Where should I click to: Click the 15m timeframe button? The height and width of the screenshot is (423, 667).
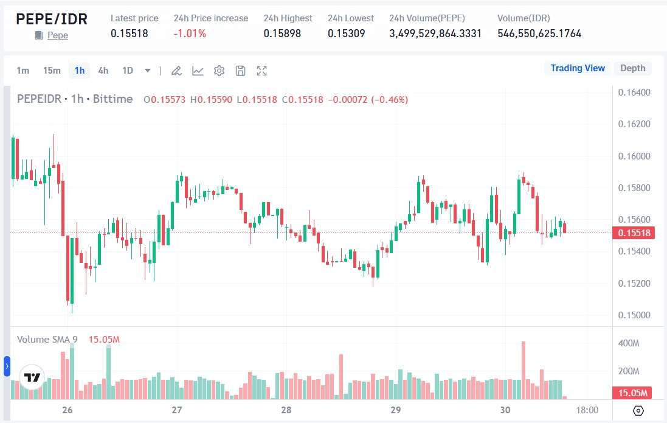click(52, 71)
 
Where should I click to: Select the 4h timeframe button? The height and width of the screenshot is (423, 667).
click(103, 71)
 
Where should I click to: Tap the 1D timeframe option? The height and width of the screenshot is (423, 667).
click(128, 71)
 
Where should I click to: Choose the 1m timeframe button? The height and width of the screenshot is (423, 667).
click(22, 71)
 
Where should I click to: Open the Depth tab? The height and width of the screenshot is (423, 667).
click(632, 68)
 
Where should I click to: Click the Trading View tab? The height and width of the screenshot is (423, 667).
click(578, 68)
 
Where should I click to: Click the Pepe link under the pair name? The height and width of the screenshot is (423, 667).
click(57, 35)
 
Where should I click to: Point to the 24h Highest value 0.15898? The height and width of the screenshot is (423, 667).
click(282, 33)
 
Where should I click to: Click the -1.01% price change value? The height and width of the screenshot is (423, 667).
click(190, 33)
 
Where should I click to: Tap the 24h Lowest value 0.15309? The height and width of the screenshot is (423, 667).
click(347, 33)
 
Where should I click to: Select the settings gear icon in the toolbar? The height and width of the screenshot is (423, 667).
click(219, 71)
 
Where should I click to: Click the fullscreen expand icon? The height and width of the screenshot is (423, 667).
click(262, 71)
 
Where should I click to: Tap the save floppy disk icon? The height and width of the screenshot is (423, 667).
click(240, 71)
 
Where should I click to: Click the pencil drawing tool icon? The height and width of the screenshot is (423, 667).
click(176, 71)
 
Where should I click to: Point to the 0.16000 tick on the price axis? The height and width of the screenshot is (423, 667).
click(634, 156)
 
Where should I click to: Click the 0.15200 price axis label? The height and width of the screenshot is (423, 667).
click(634, 283)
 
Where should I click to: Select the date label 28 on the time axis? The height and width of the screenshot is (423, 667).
click(286, 410)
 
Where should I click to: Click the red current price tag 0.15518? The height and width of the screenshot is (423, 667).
click(634, 233)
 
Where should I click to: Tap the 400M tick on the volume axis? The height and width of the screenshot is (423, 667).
click(629, 344)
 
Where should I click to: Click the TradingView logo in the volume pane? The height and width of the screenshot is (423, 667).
click(32, 377)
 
